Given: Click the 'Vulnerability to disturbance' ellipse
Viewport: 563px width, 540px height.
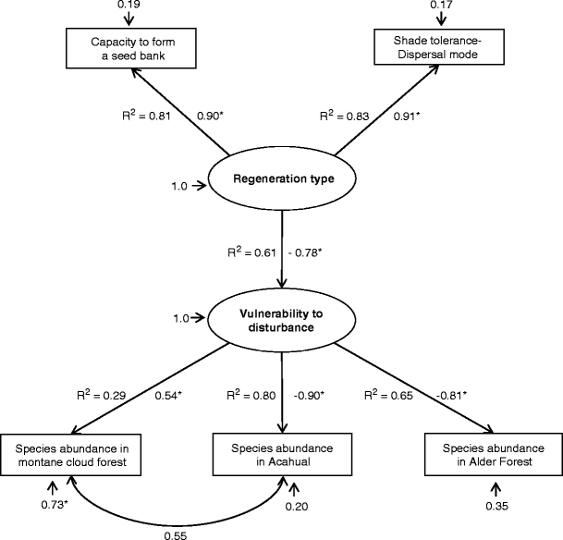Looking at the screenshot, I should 282,317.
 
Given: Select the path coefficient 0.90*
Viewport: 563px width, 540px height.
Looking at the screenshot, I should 213,117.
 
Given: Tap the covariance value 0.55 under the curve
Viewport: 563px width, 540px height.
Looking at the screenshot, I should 174,534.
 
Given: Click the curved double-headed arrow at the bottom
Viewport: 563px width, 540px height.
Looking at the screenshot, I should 176,513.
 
